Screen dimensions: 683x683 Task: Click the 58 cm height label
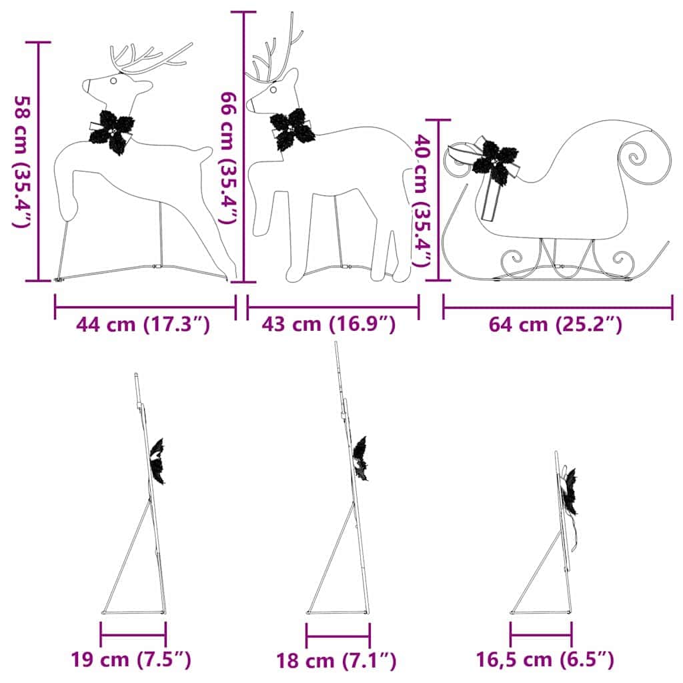click(x=22, y=161)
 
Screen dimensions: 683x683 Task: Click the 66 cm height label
click(x=227, y=157)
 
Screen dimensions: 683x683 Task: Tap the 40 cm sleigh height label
click(x=422, y=199)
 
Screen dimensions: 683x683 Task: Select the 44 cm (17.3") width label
click(x=143, y=325)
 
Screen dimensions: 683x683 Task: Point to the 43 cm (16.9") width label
click(x=329, y=325)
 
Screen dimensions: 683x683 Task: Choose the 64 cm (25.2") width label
click(x=556, y=325)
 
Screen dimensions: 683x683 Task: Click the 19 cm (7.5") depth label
click(x=131, y=660)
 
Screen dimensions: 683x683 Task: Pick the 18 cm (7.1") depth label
click(x=337, y=661)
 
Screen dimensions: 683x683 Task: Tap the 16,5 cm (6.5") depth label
click(x=545, y=660)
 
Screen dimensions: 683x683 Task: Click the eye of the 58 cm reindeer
click(x=113, y=81)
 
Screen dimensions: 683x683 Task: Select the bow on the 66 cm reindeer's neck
click(x=291, y=129)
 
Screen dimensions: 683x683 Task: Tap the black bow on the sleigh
click(x=495, y=161)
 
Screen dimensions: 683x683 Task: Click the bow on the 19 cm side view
click(x=158, y=461)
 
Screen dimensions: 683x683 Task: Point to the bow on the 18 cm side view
click(x=361, y=458)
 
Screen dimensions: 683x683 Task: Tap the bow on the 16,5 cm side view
click(x=569, y=491)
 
